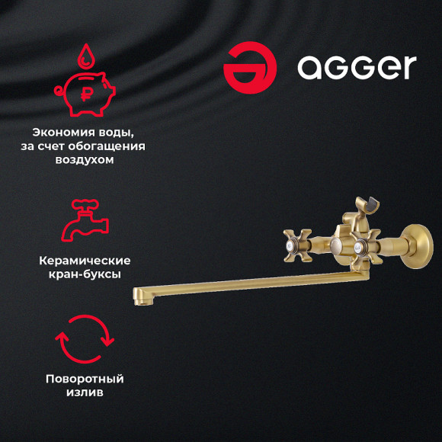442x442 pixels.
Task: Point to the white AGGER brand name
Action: (356, 67)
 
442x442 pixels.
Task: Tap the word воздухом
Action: (84, 161)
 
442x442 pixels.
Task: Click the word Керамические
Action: (84, 261)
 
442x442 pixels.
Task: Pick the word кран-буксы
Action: (84, 274)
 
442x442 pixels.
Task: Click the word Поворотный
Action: (84, 379)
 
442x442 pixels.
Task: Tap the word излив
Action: (84, 393)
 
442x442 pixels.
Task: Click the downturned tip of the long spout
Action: (139, 296)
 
